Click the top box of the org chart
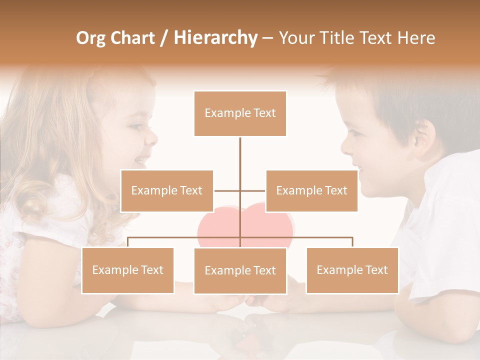[240, 113]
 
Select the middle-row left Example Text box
[166, 191]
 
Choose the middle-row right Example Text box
[311, 191]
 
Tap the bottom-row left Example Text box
[127, 270]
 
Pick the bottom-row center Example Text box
[240, 271]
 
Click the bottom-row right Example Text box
[352, 270]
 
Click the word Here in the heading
[416, 38]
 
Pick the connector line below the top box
[240, 155]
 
